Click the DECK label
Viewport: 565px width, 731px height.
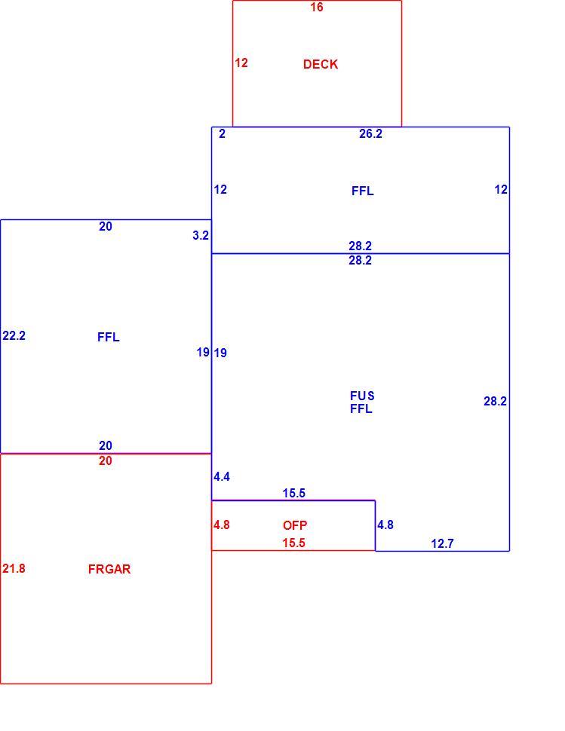coord(320,64)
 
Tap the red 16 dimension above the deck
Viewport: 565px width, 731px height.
coord(316,7)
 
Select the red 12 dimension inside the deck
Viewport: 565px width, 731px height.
coord(241,63)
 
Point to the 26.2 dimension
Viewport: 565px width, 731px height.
coord(370,134)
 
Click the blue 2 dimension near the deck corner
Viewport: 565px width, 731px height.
coord(222,134)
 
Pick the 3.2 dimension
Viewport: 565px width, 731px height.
coord(201,235)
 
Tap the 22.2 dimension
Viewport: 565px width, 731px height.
coord(14,335)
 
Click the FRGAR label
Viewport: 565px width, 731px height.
coord(109,569)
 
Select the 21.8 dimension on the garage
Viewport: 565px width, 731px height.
coord(14,568)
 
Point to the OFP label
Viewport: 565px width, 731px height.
coord(295,525)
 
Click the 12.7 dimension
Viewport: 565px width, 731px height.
coord(442,543)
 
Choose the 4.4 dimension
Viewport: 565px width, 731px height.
coord(222,476)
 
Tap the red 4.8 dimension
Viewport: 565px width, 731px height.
coord(222,525)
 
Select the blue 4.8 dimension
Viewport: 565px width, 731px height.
coord(385,525)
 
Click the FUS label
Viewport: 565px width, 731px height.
coord(362,396)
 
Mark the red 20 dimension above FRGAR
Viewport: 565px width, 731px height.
coord(106,460)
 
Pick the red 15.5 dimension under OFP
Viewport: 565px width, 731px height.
coord(294,543)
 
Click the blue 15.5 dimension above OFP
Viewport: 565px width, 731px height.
coord(294,493)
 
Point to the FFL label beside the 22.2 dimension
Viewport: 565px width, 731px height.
coord(108,337)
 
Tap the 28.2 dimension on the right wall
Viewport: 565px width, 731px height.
coord(495,401)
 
